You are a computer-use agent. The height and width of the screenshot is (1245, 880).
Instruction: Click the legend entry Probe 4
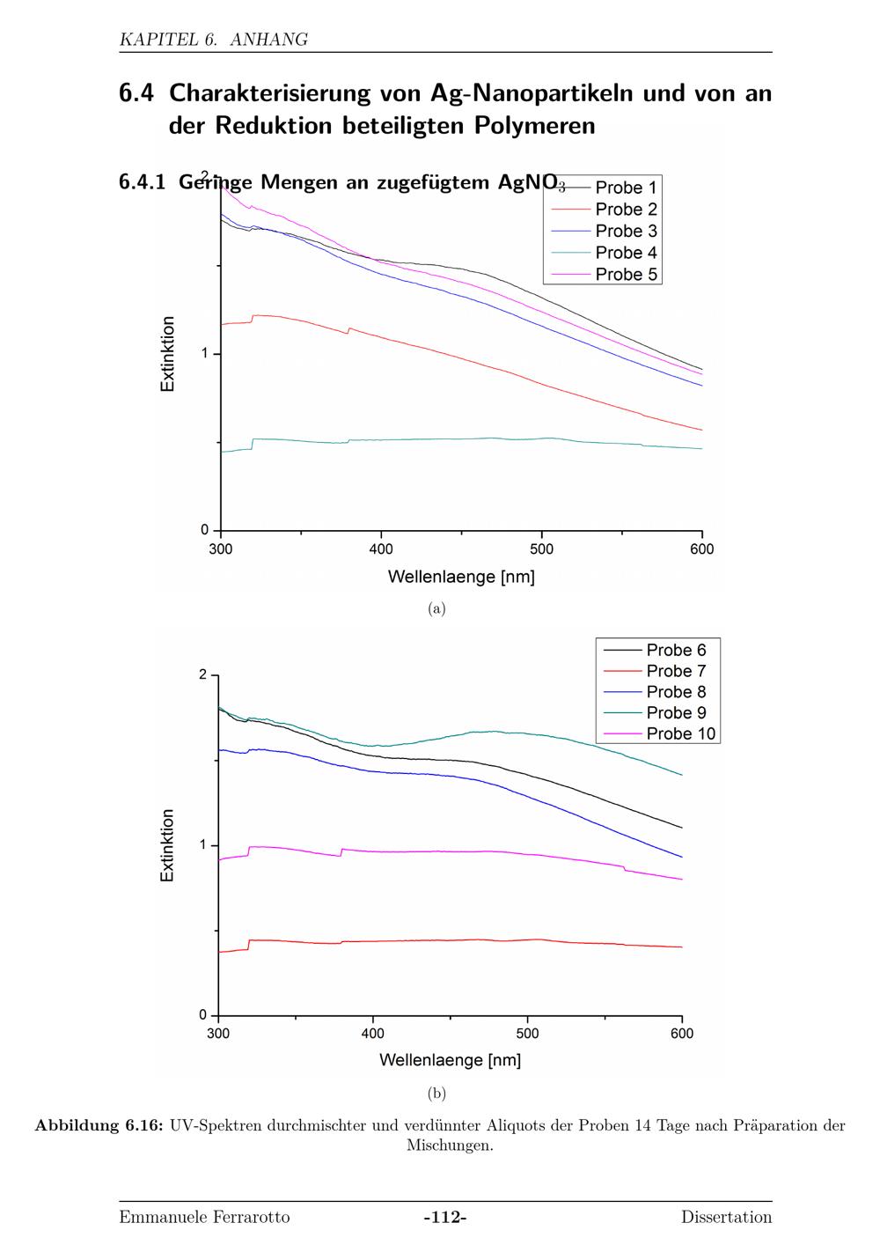click(x=626, y=253)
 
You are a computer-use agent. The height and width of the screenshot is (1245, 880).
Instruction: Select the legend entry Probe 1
click(x=626, y=188)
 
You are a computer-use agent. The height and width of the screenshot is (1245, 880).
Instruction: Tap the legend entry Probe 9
click(x=676, y=713)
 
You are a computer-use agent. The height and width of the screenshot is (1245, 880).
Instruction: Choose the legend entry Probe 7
click(x=676, y=671)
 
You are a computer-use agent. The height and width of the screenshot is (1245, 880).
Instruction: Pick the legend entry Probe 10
click(x=680, y=734)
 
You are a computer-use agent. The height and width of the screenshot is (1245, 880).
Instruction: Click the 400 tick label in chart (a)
click(x=381, y=549)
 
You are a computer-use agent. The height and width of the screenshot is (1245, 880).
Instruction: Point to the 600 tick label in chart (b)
click(x=682, y=1034)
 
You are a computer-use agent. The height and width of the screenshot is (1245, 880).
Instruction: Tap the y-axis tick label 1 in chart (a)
click(x=205, y=354)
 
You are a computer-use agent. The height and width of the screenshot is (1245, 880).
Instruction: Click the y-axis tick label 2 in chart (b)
click(x=203, y=675)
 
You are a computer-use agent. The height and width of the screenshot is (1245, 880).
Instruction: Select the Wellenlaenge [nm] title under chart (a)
click(x=461, y=578)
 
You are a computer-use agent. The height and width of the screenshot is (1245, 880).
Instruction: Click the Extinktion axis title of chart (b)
click(x=167, y=845)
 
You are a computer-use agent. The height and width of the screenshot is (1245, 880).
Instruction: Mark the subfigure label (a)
click(x=436, y=608)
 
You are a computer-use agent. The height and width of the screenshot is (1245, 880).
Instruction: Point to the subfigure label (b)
click(x=436, y=1094)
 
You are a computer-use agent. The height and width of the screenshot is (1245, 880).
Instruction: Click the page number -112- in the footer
click(x=445, y=1218)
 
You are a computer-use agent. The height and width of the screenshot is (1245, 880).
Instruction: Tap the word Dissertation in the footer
click(x=726, y=1218)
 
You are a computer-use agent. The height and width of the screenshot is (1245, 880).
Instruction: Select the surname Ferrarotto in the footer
click(x=252, y=1218)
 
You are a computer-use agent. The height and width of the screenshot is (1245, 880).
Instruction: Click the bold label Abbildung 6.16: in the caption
click(x=99, y=1125)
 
